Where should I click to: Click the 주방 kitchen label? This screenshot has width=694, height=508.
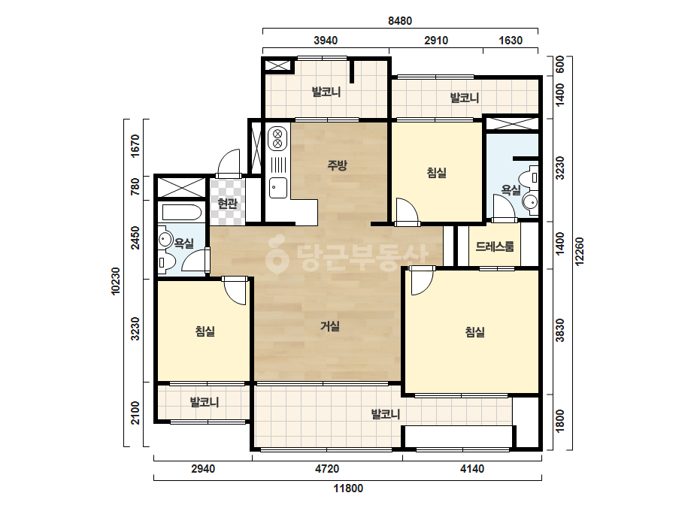tap(338, 165)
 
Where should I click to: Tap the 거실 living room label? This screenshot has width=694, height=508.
tap(330, 327)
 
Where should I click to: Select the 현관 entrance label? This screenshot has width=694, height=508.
tap(228, 204)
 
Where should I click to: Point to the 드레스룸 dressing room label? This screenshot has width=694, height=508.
tap(495, 246)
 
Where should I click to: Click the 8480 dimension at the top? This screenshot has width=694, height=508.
tap(400, 21)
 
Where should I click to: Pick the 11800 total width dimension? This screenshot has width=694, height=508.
tap(348, 488)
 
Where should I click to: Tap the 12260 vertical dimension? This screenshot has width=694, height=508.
tap(580, 251)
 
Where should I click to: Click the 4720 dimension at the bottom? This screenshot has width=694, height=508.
tap(327, 469)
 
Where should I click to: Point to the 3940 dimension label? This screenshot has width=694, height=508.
tap(326, 41)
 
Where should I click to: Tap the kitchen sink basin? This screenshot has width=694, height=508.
tap(278, 187)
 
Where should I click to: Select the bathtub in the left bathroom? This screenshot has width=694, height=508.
tap(182, 213)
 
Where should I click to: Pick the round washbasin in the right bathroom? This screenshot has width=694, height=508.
tap(530, 202)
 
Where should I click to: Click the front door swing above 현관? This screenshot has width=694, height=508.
tap(229, 162)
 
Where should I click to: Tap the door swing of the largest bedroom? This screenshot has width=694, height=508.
tap(422, 281)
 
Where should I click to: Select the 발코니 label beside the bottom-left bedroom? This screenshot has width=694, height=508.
tap(205, 402)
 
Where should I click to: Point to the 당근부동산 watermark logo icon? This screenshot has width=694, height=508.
tap(277, 254)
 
